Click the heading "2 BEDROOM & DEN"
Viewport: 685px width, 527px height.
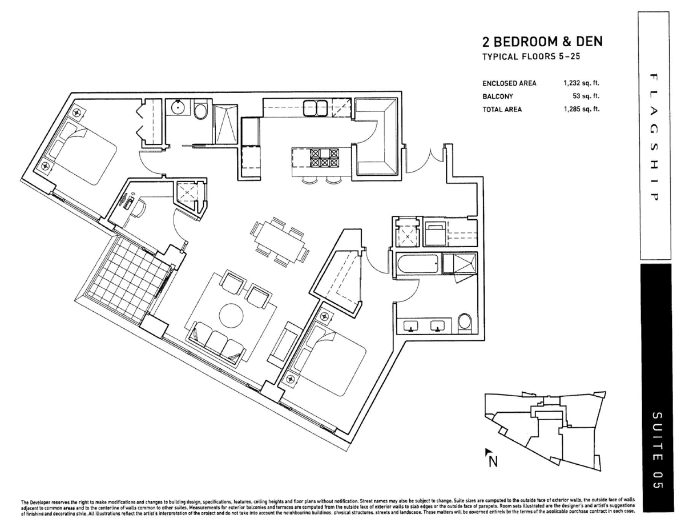[542, 42]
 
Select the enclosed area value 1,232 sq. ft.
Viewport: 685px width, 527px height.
[581, 83]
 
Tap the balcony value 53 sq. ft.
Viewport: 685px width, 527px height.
[586, 96]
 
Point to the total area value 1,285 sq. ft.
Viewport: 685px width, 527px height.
[581, 109]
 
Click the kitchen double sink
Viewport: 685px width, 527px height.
[313, 106]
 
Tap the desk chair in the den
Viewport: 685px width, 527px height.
[139, 208]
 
